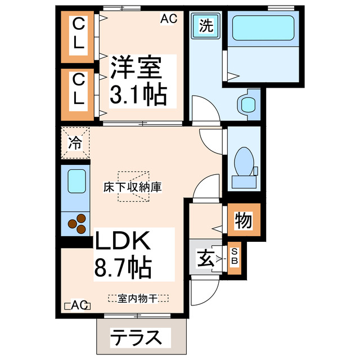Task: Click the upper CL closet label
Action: coord(79,34)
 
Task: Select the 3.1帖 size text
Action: coord(138,94)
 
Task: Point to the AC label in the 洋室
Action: coord(168,19)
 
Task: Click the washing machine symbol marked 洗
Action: coord(206,25)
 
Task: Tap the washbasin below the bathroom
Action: coord(246,104)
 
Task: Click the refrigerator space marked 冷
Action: coord(75,141)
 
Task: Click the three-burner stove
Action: coord(78,223)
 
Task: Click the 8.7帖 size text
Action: coord(123,268)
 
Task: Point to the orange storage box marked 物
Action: coord(243,221)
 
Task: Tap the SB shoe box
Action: coord(235,258)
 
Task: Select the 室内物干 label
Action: coord(138,298)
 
